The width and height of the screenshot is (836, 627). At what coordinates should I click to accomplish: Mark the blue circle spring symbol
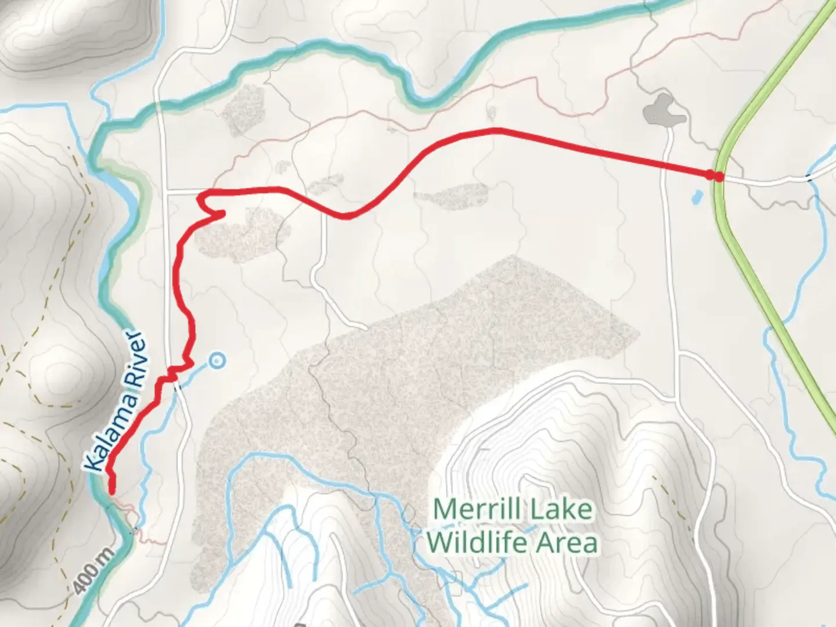click(218, 361)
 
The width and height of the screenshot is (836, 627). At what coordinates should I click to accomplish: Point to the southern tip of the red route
click(112, 492)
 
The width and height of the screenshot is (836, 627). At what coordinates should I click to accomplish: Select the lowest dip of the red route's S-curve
click(346, 217)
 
